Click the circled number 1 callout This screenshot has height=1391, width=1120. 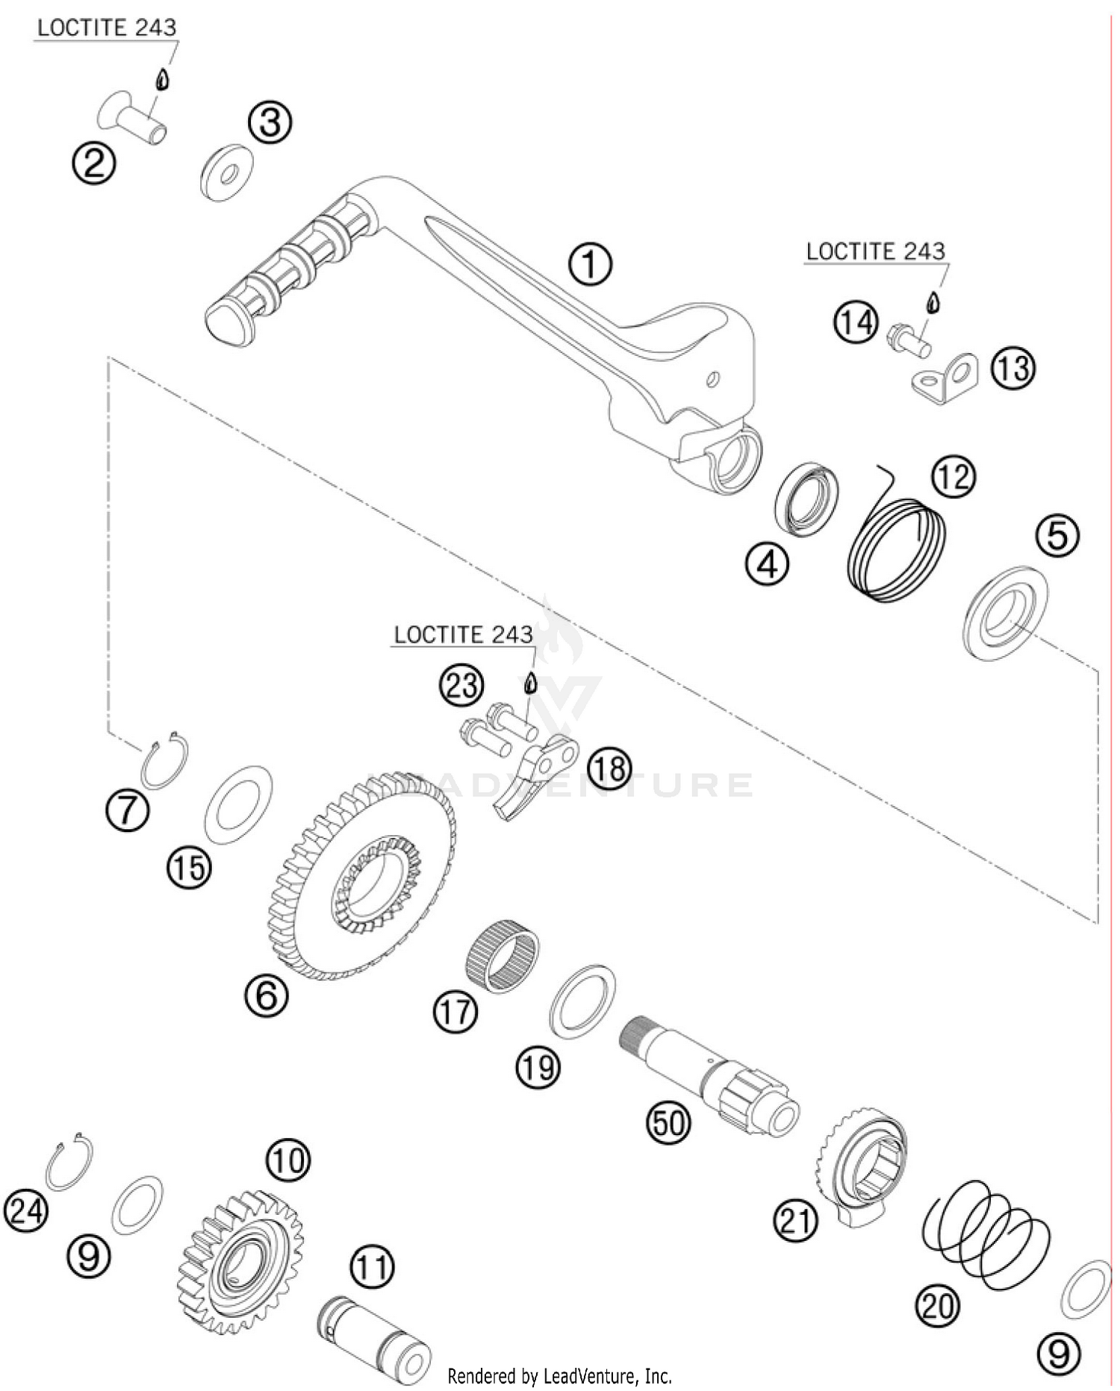590,264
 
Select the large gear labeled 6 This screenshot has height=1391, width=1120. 361,876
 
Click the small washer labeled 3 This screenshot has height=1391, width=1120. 227,172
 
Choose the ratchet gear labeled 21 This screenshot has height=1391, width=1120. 863,1164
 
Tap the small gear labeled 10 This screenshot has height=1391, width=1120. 240,1261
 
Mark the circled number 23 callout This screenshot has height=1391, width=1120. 461,684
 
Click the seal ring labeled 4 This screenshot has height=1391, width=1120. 806,498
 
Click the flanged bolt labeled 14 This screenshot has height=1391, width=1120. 908,340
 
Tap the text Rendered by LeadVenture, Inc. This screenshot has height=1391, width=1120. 559,1375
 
